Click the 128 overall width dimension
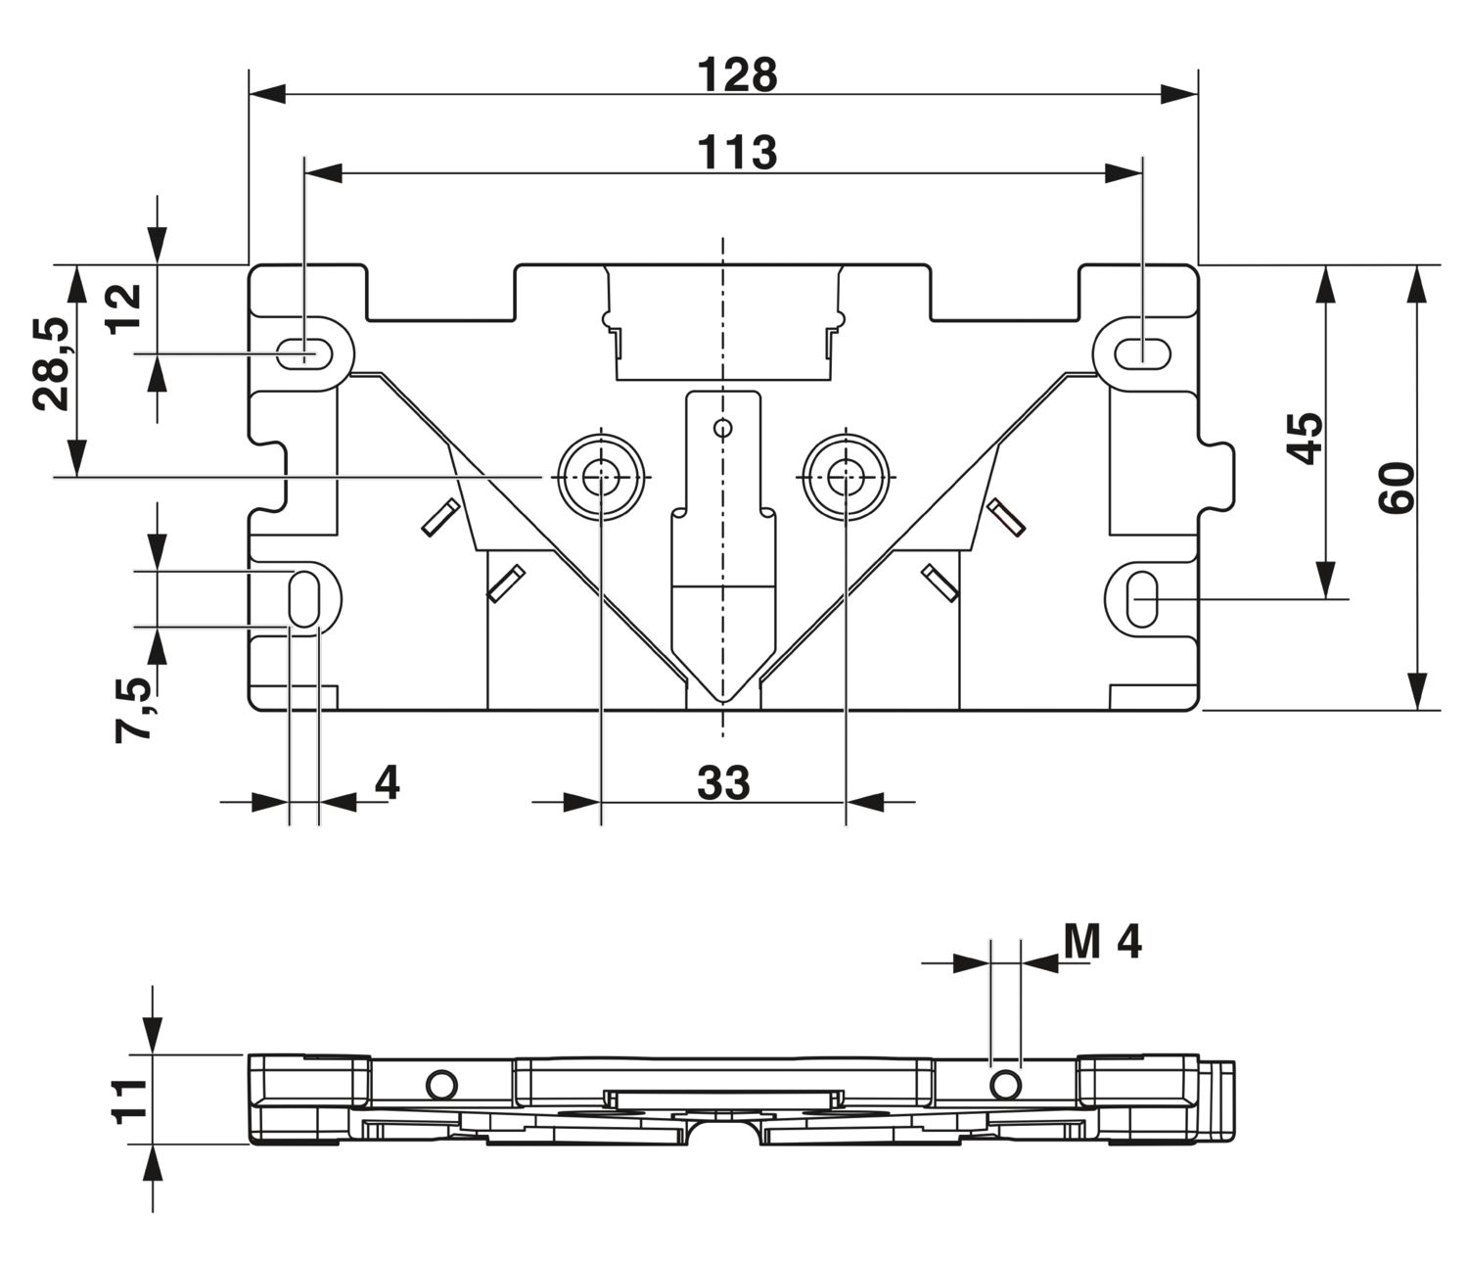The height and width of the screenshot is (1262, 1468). pos(738,75)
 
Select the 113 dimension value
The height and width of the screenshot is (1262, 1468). pos(738,153)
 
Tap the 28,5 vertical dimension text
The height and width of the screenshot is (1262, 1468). pos(52,364)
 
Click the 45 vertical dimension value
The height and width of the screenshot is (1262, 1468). pos(1304,437)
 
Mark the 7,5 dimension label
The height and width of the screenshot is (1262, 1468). pos(135,710)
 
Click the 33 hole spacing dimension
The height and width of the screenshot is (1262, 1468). pos(723,783)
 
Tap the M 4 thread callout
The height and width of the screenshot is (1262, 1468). pos(1102,942)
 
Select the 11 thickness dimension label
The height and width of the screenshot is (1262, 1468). pos(130,1098)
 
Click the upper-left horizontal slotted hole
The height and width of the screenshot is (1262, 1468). pos(307,353)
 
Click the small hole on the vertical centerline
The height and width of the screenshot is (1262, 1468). pos(723,428)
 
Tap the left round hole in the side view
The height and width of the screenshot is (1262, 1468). pos(440,1084)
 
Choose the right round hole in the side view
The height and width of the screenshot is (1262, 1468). pos(1004,1084)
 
